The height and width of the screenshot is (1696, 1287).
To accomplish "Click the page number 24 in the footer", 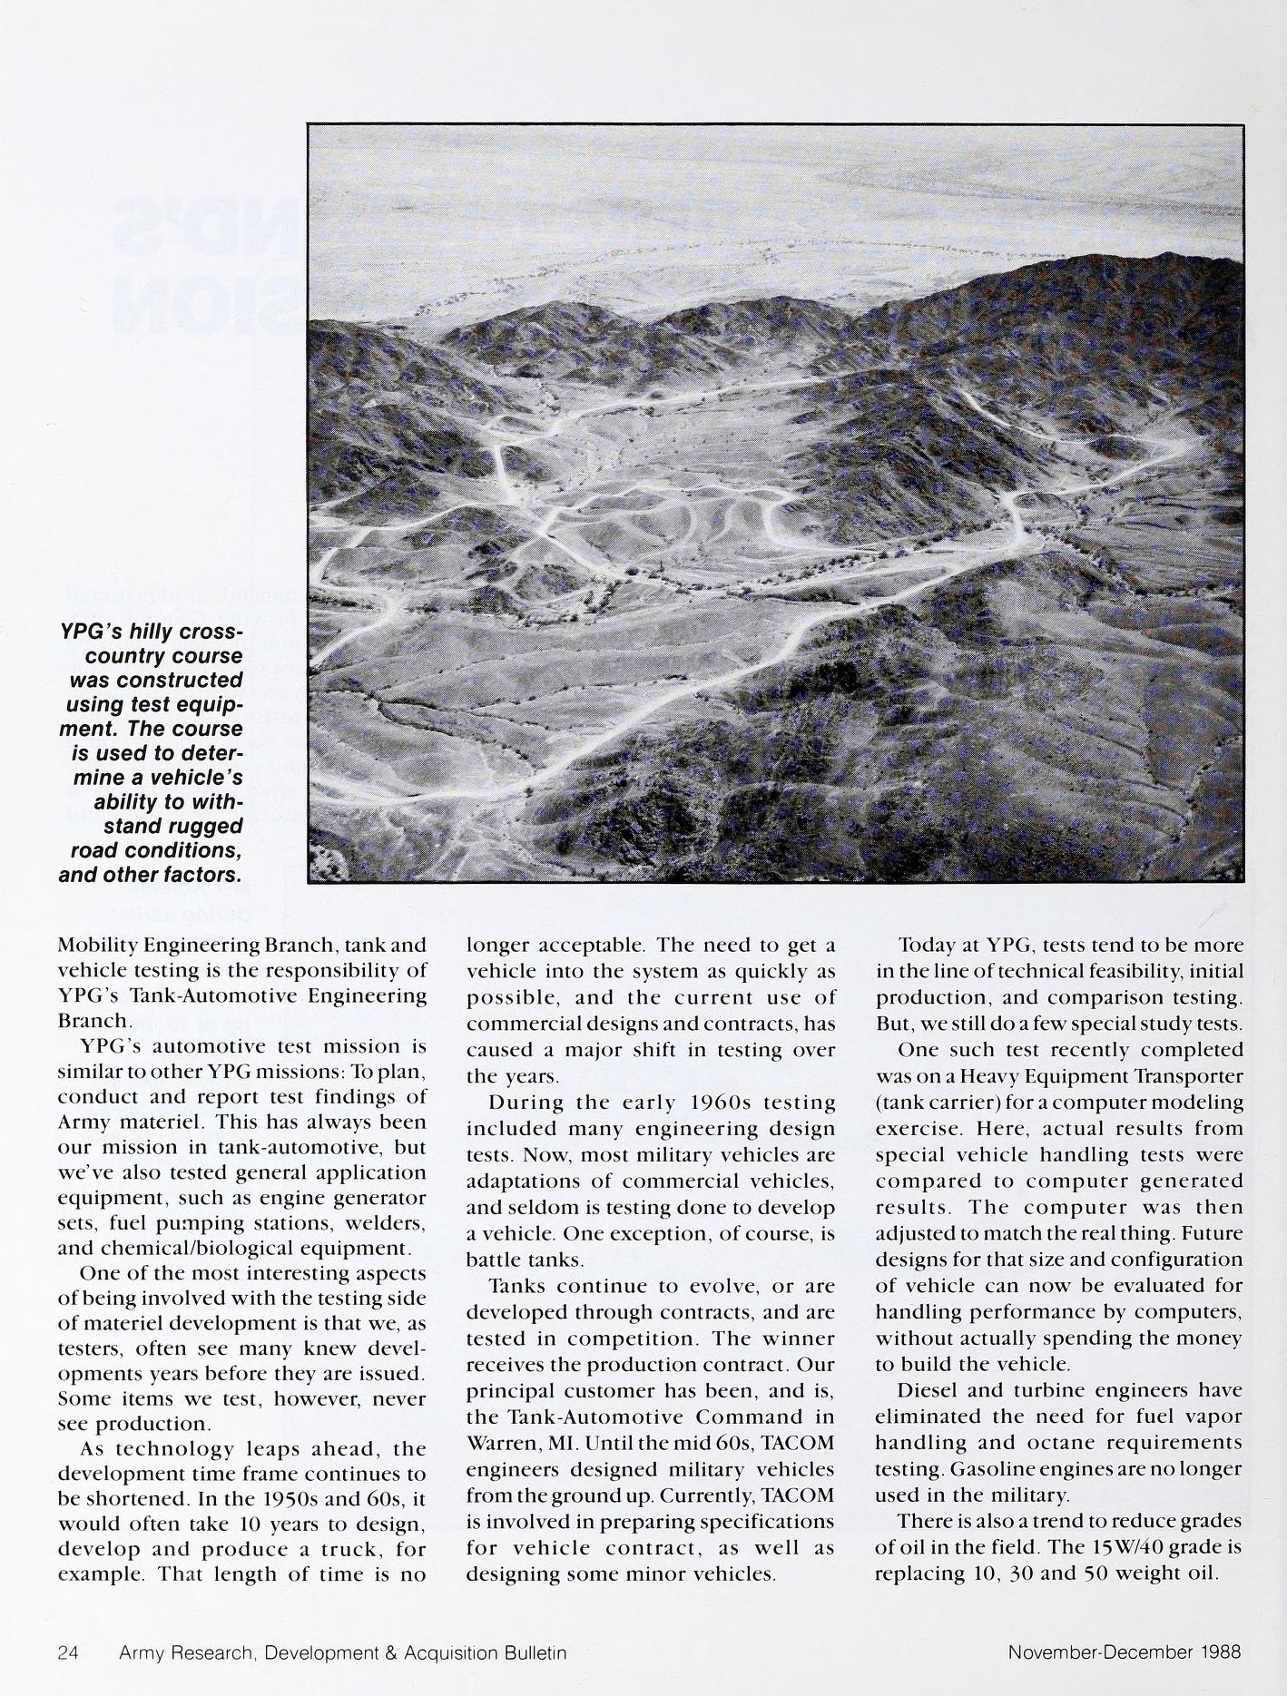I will (68, 1653).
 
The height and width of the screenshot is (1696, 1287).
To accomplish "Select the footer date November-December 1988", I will (1124, 1653).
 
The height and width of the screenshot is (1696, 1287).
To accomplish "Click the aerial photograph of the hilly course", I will (775, 504).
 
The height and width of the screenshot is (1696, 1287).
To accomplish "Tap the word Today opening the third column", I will (928, 946).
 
